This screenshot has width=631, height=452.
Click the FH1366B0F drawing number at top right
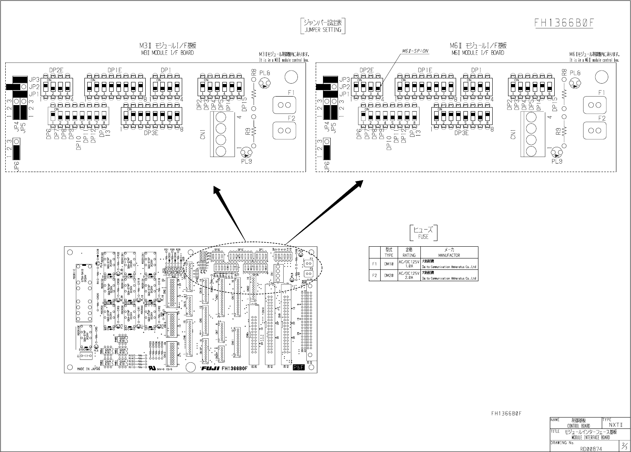coord(564,23)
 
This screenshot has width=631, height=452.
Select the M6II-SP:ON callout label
coord(415,51)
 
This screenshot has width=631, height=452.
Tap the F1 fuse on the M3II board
coord(284,105)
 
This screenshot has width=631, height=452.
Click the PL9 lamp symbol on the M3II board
coord(246,153)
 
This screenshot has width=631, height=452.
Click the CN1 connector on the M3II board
coord(221,134)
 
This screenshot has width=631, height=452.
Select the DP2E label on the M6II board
coord(366,70)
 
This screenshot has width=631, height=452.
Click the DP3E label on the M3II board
coord(151,133)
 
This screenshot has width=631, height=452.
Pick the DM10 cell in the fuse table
coord(389,264)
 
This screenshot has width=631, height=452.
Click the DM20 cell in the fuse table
coord(389,275)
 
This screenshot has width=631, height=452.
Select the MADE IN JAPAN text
coord(88,369)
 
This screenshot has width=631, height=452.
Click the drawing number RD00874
coord(591,448)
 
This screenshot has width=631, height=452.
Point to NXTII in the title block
coord(616,424)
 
